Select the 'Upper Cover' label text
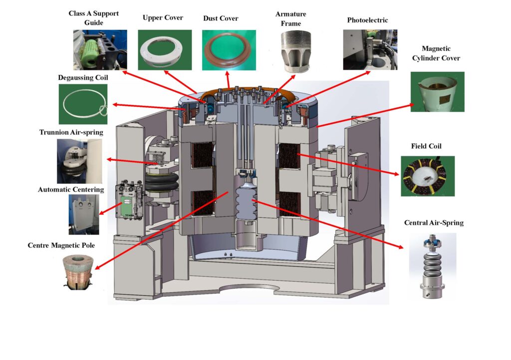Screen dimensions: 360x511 [x=163, y=18]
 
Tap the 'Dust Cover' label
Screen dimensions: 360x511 [x=221, y=18]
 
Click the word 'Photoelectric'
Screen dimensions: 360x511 [x=367, y=20]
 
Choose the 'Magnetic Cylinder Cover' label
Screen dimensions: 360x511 [x=436, y=53]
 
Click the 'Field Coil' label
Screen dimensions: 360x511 [x=427, y=146]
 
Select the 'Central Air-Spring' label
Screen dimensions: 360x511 [x=434, y=223]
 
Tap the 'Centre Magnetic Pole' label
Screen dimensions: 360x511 [x=61, y=245]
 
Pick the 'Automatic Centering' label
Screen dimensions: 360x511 [x=71, y=189]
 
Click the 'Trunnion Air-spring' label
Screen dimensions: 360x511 [x=71, y=132]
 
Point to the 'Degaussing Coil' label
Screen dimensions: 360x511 [x=83, y=77]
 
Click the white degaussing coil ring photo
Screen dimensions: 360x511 [x=84, y=103]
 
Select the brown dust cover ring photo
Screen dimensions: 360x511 [x=225, y=50]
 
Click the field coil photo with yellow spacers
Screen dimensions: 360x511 [x=427, y=176]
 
